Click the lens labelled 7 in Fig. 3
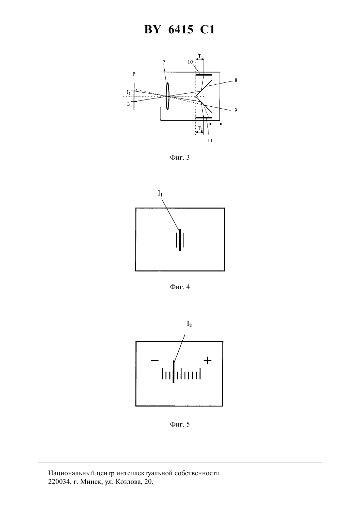pos(168,96)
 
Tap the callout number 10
pos(190,62)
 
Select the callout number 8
pos(236,80)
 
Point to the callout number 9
pos(236,110)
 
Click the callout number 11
pos(210,140)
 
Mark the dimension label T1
pos(200,56)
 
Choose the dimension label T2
pos(200,129)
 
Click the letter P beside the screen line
pos(134,74)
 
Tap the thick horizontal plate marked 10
pos(204,75)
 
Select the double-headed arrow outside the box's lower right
pos(216,124)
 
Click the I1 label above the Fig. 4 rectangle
pos(160,193)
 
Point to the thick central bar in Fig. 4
pos(180,240)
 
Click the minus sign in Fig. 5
pos(154,360)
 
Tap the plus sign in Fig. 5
pos(207,360)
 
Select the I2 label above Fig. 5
pos(189,324)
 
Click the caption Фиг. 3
pos(180,157)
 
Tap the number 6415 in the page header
pos(181,29)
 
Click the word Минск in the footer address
pos(91,482)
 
